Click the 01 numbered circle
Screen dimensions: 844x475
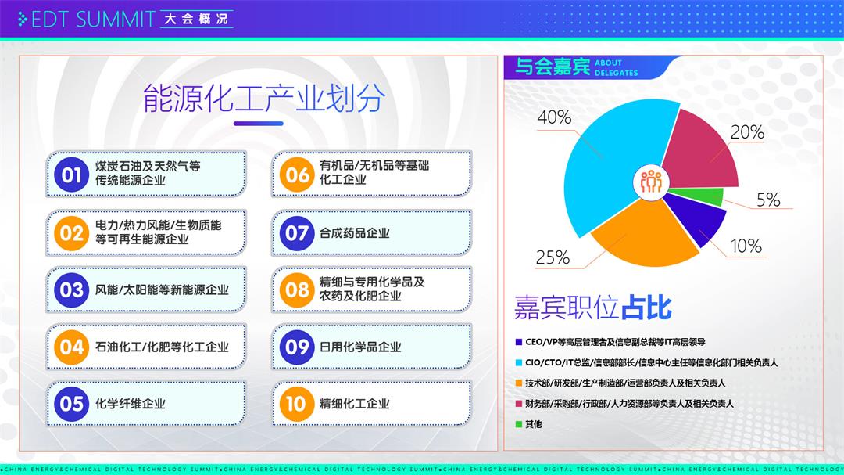tap(71, 175)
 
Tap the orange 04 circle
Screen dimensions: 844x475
tap(71, 347)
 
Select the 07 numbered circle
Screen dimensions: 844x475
tap(297, 233)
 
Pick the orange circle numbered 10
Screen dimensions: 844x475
tap(297, 404)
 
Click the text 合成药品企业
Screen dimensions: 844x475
tap(354, 233)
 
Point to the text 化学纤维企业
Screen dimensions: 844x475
tap(131, 404)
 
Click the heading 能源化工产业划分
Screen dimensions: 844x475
tap(264, 99)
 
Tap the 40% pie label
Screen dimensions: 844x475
tap(554, 117)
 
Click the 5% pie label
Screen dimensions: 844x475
tap(768, 200)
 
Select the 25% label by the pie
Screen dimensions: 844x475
tap(553, 257)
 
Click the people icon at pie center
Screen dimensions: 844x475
tap(651, 182)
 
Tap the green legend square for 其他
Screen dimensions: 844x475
tap(519, 424)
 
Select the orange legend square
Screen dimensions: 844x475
tap(519, 383)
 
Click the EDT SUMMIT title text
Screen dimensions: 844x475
tap(93, 20)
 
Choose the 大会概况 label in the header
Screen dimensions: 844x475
tap(196, 19)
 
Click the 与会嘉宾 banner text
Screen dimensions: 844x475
tap(553, 67)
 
